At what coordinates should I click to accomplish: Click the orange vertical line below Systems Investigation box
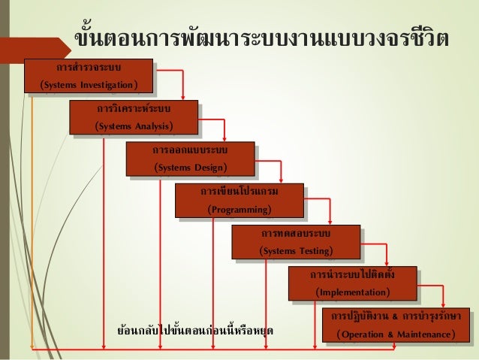pyautogui.click(x=32, y=225)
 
